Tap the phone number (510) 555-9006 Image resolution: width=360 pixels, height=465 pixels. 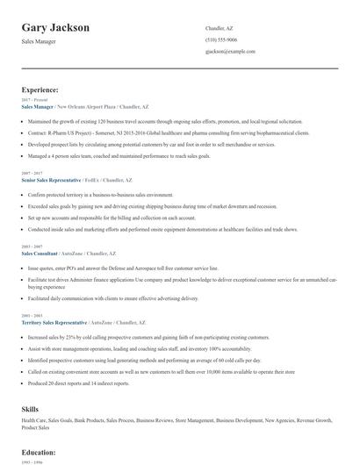(220, 39)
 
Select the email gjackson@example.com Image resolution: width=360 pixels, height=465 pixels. (230, 52)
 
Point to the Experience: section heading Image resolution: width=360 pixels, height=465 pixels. (40, 89)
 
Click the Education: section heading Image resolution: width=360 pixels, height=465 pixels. (40, 452)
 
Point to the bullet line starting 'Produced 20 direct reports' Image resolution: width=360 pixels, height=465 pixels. (79, 383)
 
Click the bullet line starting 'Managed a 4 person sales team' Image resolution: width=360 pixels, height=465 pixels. (132, 154)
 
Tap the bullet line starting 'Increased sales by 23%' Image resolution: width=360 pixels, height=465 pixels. (149, 337)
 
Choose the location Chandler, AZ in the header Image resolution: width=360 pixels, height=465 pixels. (220, 28)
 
